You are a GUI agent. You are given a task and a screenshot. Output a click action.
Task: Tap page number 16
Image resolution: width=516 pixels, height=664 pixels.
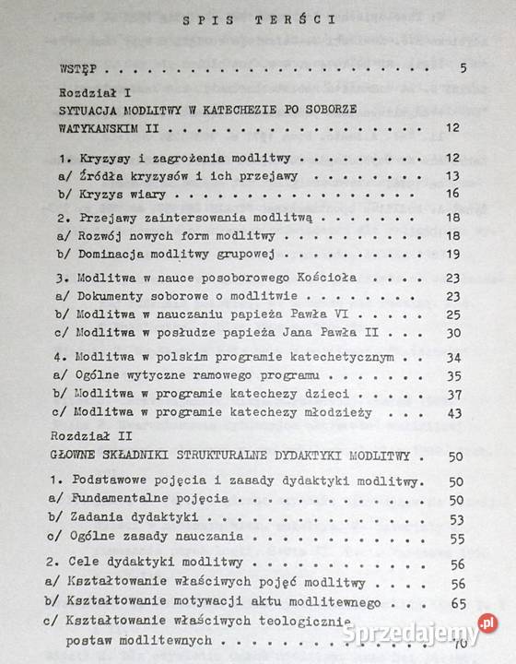click(x=452, y=193)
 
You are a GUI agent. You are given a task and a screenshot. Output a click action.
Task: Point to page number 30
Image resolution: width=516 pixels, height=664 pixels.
click(x=452, y=330)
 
